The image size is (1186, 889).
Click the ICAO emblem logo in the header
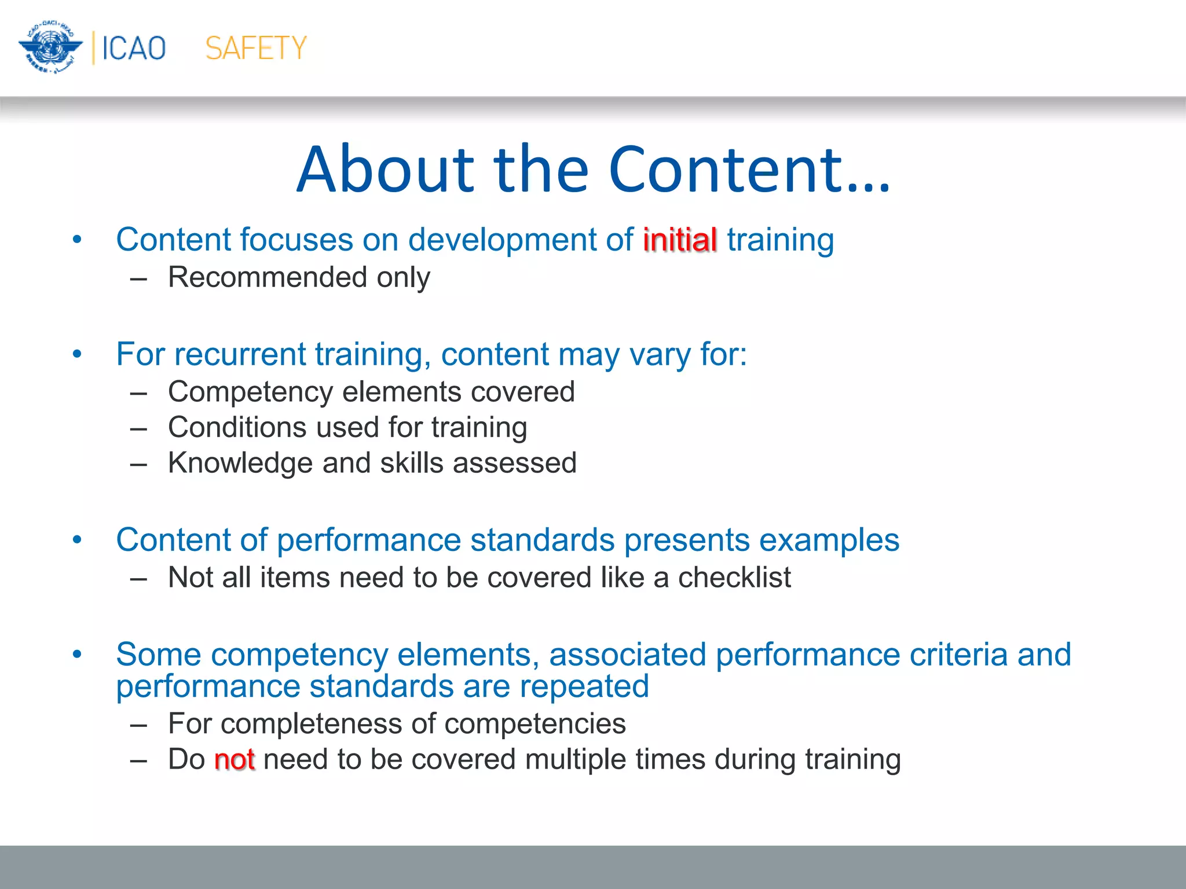(x=50, y=47)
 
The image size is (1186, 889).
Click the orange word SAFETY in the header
(x=255, y=48)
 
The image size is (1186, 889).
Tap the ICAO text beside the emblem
(x=134, y=48)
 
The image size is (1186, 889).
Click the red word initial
(x=680, y=240)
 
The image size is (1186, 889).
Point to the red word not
(x=234, y=759)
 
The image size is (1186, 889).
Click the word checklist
(x=734, y=578)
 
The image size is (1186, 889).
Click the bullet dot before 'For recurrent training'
(x=77, y=354)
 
